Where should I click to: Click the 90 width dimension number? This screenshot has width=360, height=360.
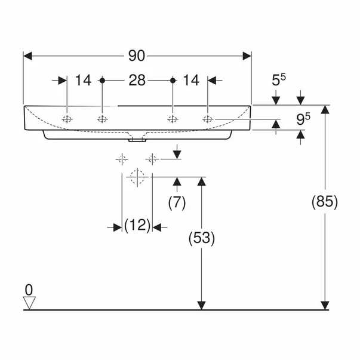click(x=137, y=56)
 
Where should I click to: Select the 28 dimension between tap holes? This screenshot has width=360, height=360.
click(x=137, y=80)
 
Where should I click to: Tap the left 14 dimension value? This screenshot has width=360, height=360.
click(x=84, y=80)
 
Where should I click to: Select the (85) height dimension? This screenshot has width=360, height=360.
click(x=325, y=202)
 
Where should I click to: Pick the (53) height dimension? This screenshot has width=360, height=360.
click(x=201, y=238)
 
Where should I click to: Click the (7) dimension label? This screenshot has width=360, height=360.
click(x=177, y=202)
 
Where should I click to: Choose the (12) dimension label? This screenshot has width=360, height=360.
click(x=137, y=226)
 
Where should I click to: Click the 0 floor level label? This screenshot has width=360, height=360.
click(x=28, y=290)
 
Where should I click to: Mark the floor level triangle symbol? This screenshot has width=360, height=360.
click(x=29, y=303)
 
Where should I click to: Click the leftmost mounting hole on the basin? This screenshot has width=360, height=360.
click(x=67, y=119)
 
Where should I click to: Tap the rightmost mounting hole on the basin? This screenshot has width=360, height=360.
click(x=207, y=119)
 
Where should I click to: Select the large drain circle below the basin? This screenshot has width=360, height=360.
click(x=137, y=177)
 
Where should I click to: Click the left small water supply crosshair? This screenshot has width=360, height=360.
click(x=122, y=159)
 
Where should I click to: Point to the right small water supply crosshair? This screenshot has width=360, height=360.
click(x=152, y=159)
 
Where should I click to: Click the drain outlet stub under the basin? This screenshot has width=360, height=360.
click(x=137, y=141)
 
